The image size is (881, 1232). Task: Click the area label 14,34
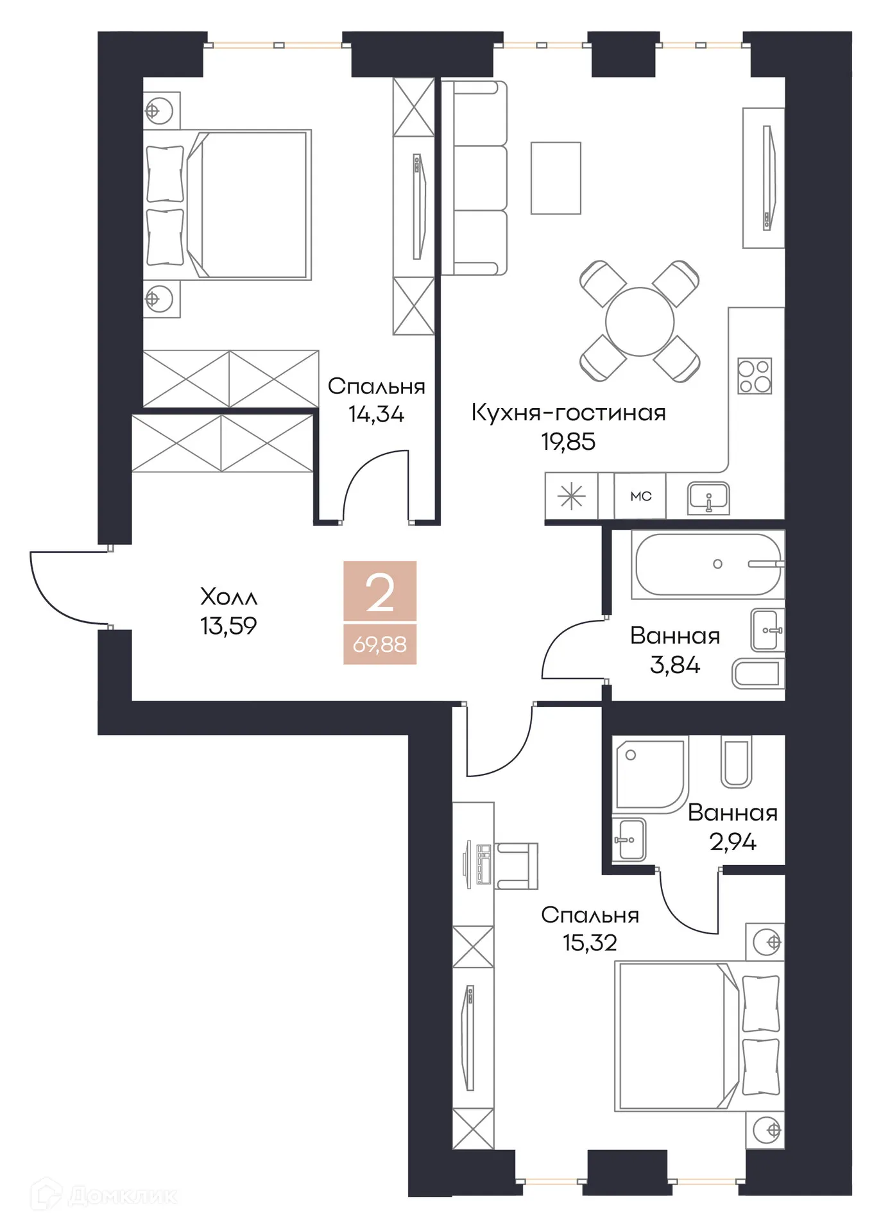click(x=376, y=415)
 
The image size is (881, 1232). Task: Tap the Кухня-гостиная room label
click(x=568, y=413)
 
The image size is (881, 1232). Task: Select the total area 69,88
click(x=379, y=644)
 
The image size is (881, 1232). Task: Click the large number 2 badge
click(x=380, y=592)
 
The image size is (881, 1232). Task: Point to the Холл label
click(x=228, y=597)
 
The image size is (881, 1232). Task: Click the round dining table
click(x=639, y=321)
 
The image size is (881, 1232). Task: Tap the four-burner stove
click(x=754, y=375)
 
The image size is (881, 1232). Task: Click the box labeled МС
click(x=640, y=496)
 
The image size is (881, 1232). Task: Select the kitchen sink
click(x=708, y=497)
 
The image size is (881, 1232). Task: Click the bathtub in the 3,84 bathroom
click(x=707, y=565)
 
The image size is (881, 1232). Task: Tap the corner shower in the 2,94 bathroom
click(x=648, y=773)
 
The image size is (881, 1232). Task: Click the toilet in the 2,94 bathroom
click(x=735, y=762)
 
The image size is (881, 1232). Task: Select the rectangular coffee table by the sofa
click(x=555, y=178)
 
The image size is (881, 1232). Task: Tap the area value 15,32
click(x=590, y=943)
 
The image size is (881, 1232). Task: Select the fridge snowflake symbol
click(x=570, y=496)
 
